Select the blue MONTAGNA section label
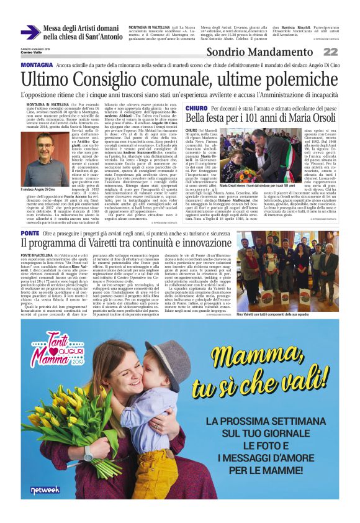[x=37, y=65]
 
